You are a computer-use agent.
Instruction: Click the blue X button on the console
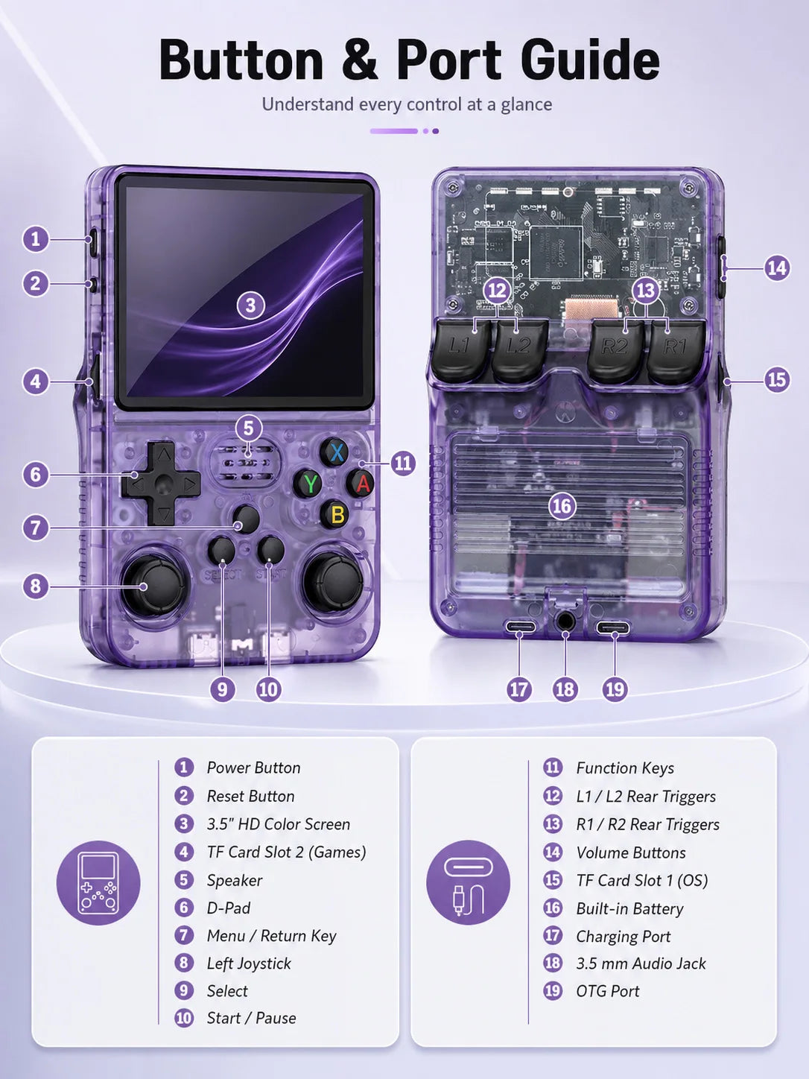337,452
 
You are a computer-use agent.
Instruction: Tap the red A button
362,483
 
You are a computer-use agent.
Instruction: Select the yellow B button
337,514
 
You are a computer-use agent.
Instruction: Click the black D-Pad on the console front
162,484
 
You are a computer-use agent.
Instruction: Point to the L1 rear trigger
460,349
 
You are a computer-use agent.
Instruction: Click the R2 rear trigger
615,350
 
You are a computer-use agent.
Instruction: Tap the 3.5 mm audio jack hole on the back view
565,621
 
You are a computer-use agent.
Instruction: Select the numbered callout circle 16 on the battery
562,506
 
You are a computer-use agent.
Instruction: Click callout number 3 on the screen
250,306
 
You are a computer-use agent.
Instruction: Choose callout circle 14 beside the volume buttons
777,268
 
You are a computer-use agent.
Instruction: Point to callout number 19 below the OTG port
615,689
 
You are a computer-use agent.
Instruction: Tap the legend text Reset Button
250,797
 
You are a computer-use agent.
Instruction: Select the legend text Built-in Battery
629,909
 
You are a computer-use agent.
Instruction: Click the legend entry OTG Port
608,991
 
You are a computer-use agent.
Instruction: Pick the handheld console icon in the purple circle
98,883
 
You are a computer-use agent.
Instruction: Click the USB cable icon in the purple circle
468,883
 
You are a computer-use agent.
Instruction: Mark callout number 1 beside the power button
35,239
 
